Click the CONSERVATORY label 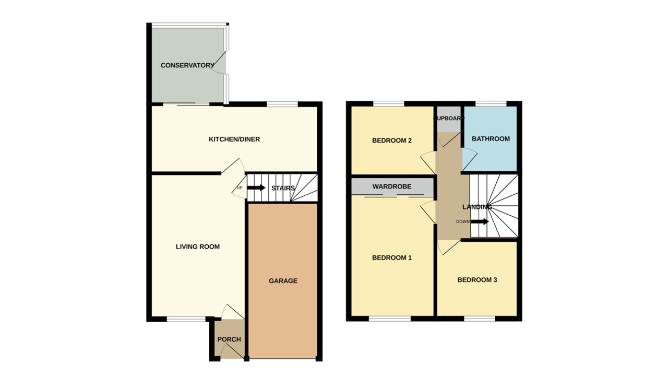[187, 65]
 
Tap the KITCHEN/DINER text [234, 139]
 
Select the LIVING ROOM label [198, 246]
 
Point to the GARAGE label [283, 281]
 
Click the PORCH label [229, 339]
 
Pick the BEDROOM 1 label [392, 257]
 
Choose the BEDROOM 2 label [392, 140]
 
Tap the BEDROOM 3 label [477, 280]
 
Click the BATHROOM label [491, 139]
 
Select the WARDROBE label [392, 186]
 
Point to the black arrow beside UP [256, 187]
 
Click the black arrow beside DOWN [480, 221]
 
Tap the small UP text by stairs [240, 188]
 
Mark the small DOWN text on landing [462, 221]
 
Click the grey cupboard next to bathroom [448, 120]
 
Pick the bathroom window [491, 103]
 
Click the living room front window [186, 319]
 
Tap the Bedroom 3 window [480, 319]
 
